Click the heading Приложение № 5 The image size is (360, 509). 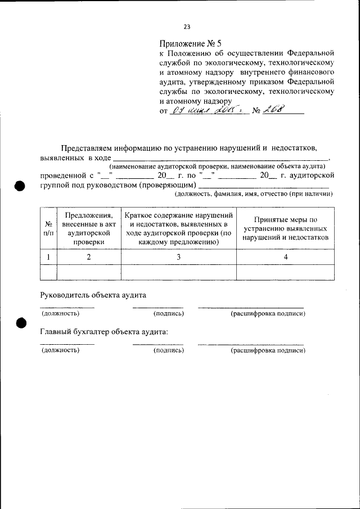191,43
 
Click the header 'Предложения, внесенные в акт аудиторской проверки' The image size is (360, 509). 89,228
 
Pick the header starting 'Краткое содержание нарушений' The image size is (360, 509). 178,228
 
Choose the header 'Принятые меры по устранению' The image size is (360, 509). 285,228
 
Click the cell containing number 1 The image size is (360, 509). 49,257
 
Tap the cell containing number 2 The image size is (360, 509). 89,257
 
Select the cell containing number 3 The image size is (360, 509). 178,257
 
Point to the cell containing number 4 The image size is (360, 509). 285,257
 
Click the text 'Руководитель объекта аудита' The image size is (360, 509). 94,294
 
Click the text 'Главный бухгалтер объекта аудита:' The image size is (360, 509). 105,331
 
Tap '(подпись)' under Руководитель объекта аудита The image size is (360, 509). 169,313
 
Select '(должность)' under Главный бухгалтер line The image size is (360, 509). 61,350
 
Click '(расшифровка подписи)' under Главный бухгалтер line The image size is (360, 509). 268,350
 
